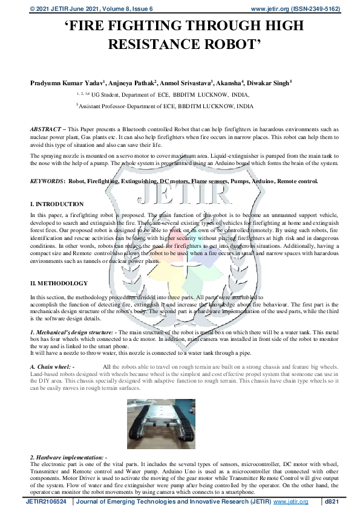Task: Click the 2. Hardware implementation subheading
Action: pos(68,456)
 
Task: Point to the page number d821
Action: pos(333,502)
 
